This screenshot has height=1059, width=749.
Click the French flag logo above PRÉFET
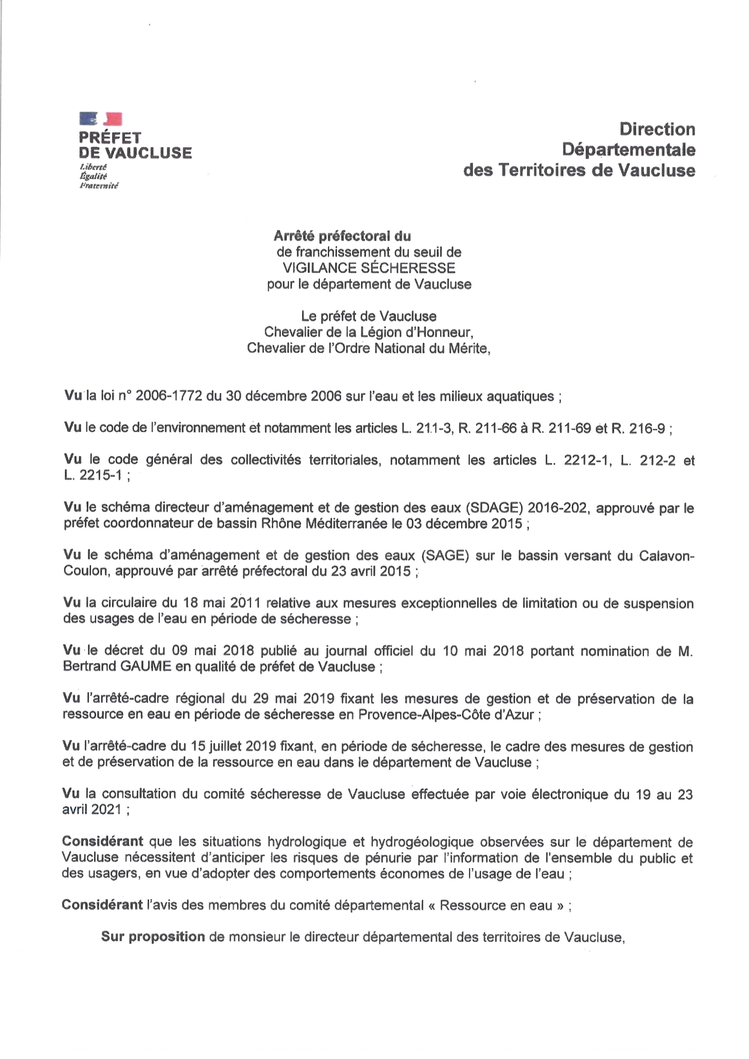click(x=101, y=119)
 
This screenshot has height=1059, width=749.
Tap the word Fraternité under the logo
click(x=99, y=186)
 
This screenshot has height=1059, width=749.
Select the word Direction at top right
click(x=657, y=129)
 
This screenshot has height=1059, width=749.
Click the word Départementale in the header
click(x=628, y=149)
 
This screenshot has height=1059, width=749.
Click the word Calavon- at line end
click(x=667, y=556)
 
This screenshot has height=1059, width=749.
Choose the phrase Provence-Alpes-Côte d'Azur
click(x=446, y=715)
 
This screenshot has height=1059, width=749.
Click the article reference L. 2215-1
click(x=93, y=476)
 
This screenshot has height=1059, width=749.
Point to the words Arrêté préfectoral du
click(x=342, y=236)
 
